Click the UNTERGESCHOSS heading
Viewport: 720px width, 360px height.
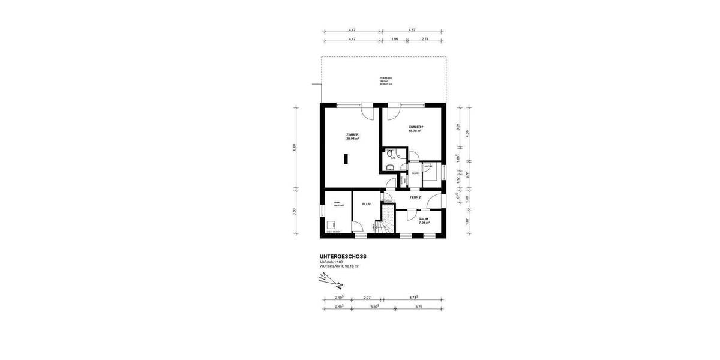click(x=343, y=256)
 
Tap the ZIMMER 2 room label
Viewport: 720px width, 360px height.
click(x=415, y=127)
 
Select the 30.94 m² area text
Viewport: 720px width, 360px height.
click(x=352, y=139)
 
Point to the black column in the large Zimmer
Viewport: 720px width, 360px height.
click(x=346, y=159)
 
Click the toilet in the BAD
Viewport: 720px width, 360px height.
click(x=390, y=167)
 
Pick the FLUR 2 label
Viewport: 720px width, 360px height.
click(x=415, y=197)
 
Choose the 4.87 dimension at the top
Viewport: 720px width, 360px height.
click(x=412, y=29)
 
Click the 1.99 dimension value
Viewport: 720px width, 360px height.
click(x=394, y=39)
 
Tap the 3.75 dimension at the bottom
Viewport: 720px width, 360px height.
click(x=419, y=307)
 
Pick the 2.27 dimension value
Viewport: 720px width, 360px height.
click(x=367, y=297)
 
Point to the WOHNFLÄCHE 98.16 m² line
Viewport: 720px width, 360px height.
click(x=339, y=266)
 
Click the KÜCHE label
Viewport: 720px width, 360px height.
click(x=428, y=166)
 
